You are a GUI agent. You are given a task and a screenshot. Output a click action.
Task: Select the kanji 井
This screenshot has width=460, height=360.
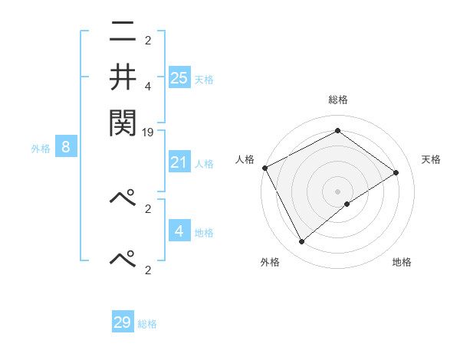pyautogui.click(x=123, y=77)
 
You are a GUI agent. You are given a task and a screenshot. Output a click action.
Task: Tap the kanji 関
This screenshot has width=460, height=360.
pyautogui.click(x=123, y=121)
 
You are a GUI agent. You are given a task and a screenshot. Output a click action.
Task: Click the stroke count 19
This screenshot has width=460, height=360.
pyautogui.click(x=149, y=133)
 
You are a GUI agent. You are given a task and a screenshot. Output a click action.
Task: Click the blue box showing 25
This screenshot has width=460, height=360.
pyautogui.click(x=179, y=77)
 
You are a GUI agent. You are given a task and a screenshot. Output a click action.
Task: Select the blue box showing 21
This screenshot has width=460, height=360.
pyautogui.click(x=179, y=162)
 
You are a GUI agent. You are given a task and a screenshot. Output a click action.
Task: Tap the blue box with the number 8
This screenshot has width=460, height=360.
pyautogui.click(x=66, y=148)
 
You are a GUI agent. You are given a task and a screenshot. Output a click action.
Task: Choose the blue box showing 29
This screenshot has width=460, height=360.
pyautogui.click(x=123, y=322)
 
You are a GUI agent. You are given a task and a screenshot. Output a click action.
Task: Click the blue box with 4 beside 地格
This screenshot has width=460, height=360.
pyautogui.click(x=179, y=231)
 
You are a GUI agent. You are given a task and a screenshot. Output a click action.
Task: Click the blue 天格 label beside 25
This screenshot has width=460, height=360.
pyautogui.click(x=204, y=79)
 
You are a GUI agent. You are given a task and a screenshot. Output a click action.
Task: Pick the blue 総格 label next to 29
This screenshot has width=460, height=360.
pyautogui.click(x=147, y=324)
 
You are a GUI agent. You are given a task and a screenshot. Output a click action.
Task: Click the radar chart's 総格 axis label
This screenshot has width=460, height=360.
pyautogui.click(x=338, y=100)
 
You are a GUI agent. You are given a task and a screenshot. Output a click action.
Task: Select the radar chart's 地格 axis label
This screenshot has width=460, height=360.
pyautogui.click(x=402, y=262)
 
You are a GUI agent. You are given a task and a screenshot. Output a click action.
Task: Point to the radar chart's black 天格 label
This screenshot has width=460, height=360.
pyautogui.click(x=431, y=159)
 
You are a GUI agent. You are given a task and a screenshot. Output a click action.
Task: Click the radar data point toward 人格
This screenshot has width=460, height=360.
pyautogui.click(x=264, y=168)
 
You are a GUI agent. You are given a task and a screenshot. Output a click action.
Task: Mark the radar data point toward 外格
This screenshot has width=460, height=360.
pyautogui.click(x=301, y=242)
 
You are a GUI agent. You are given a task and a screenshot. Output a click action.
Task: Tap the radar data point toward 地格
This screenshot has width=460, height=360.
pyautogui.click(x=347, y=204)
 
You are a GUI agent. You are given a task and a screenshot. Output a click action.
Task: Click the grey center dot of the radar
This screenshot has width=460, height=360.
pyautogui.click(x=338, y=191)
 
